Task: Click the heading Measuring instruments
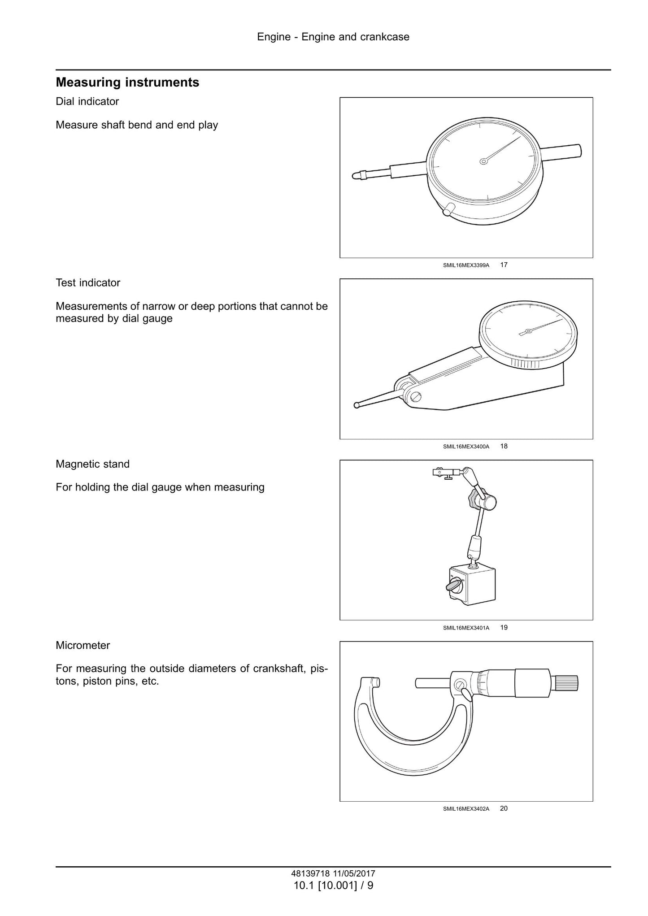pos(127,82)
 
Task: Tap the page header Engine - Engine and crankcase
pos(333,37)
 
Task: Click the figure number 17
pos(504,265)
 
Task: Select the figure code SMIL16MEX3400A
pos(466,447)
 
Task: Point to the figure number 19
pos(504,628)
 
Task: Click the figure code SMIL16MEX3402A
pos(466,809)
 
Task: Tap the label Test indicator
pos(88,283)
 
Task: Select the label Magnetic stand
pos(92,464)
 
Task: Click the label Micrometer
pos(83,646)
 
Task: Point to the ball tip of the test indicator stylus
pos(357,405)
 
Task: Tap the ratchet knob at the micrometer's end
pos(566,683)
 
